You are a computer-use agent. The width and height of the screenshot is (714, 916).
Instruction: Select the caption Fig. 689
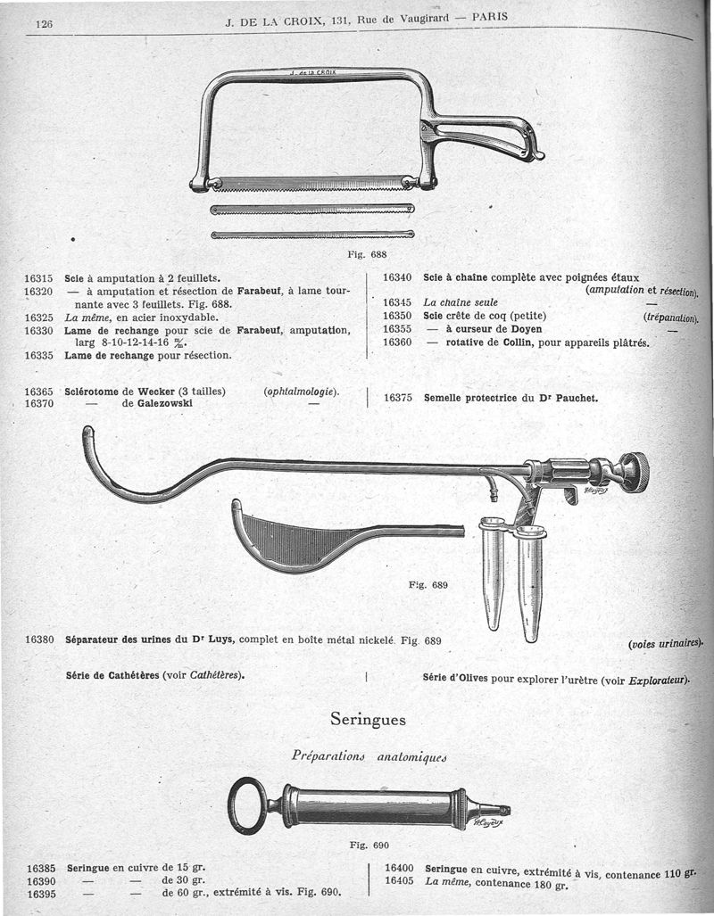pos(428,585)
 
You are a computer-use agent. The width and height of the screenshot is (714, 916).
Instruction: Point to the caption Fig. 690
pos(369,845)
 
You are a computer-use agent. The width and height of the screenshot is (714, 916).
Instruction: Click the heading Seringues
pos(368,718)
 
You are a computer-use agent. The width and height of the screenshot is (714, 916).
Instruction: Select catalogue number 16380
pos(40,640)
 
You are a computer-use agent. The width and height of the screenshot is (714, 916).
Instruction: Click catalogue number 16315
pos(40,278)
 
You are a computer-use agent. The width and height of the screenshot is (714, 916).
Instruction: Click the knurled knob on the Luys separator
pos(635,471)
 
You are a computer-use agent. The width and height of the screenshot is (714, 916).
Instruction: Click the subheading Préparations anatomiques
pos(369,756)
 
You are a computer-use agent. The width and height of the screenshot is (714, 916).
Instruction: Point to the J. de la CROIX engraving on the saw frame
pos(313,72)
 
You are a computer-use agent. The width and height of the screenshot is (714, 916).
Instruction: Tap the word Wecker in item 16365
pos(157,391)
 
